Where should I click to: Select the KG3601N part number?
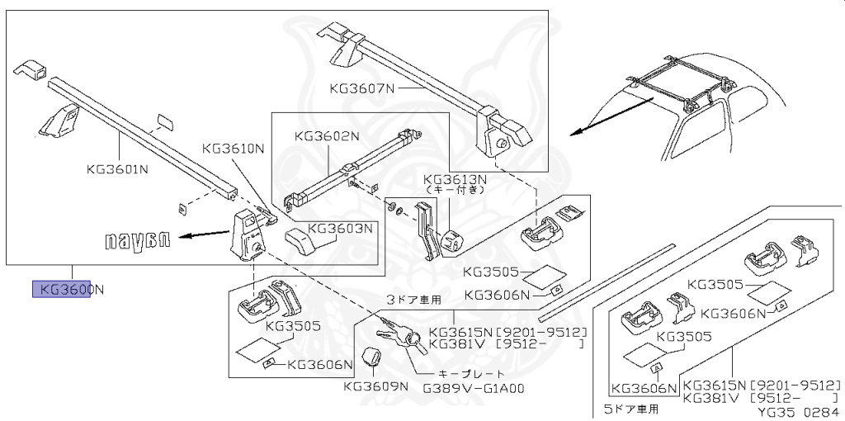tap(117, 170)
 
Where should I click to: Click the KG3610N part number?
tap(234, 149)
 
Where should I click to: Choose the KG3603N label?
tap(341, 227)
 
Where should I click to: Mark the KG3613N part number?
tap(455, 178)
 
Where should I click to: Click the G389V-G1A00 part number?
tap(474, 389)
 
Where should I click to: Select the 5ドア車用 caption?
tap(631, 407)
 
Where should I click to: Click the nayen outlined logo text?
tap(138, 240)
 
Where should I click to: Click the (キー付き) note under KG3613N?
tap(455, 190)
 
